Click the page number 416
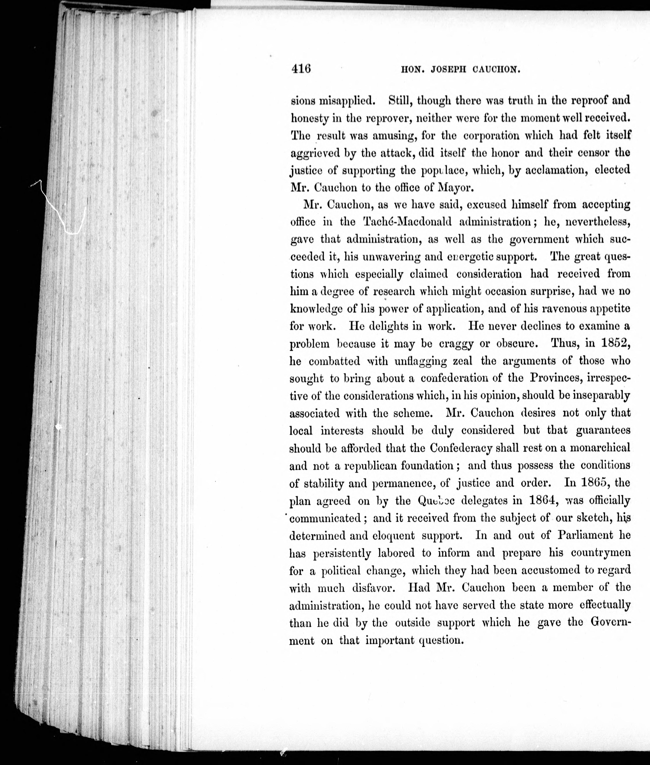pos(301,69)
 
